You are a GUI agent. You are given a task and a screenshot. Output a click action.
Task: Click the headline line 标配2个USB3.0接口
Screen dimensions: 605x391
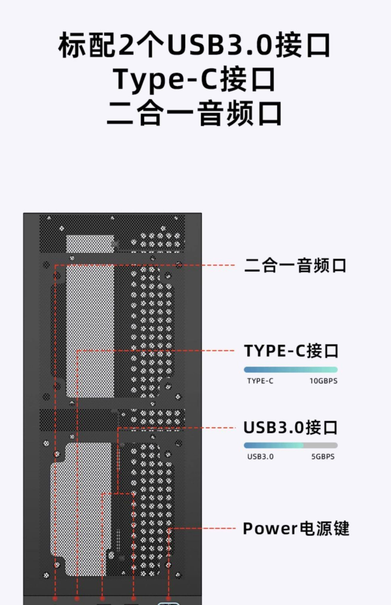194,45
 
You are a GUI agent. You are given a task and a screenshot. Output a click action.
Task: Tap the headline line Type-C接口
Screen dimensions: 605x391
194,79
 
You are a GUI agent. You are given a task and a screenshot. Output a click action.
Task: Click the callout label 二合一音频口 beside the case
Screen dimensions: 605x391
295,265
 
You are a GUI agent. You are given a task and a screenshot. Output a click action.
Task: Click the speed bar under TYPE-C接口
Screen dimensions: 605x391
291,370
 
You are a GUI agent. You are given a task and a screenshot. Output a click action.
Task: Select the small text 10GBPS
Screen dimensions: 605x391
323,381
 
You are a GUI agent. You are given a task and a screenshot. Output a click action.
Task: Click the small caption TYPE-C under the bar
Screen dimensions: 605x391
260,381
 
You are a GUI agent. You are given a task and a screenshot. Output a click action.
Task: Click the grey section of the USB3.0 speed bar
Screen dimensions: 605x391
320,445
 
